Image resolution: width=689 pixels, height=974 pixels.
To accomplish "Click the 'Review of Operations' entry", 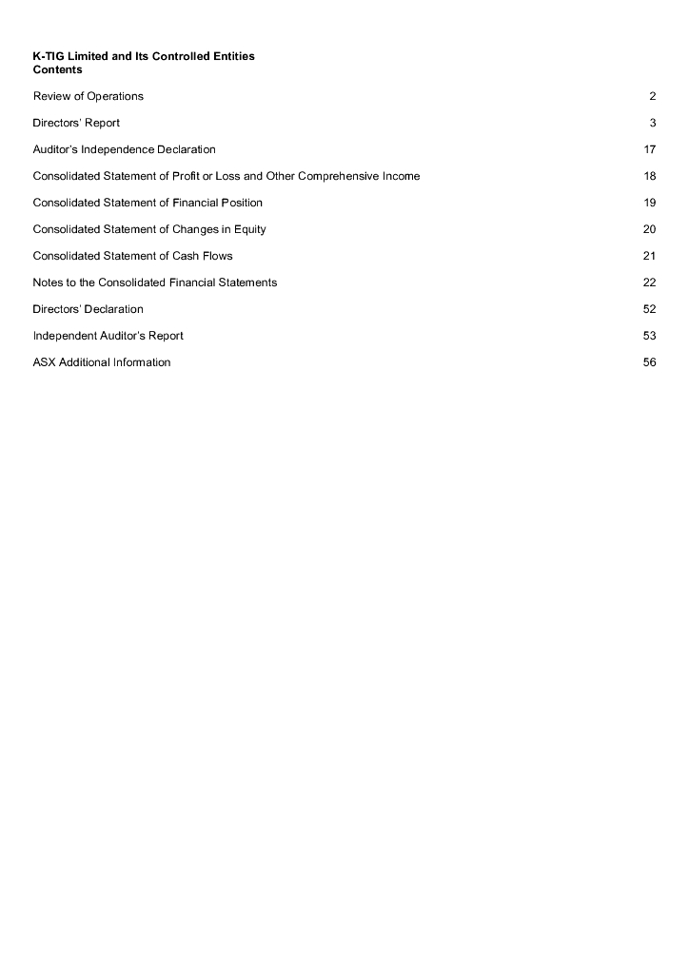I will (89, 96).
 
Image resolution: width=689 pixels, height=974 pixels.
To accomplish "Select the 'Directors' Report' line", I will (76, 123).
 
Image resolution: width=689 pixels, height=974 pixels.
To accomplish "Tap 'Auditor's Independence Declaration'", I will (124, 149).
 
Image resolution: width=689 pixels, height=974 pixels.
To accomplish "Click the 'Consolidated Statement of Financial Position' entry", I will (148, 203).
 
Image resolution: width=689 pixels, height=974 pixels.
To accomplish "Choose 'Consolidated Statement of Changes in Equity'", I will (149, 229).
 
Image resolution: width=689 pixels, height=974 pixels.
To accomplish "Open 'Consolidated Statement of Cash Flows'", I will (132, 256).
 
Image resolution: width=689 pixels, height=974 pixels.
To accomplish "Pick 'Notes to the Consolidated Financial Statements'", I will (155, 282).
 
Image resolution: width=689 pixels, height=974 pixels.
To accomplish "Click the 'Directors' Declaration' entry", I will (88, 309).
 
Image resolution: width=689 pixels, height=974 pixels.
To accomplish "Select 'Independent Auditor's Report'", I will (108, 336).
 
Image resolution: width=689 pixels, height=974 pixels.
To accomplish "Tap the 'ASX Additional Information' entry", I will (102, 362).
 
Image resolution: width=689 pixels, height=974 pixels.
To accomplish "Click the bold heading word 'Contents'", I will (57, 70).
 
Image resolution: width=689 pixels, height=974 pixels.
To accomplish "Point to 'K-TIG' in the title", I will (49, 57).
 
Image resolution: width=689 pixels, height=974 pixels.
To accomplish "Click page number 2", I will (653, 96).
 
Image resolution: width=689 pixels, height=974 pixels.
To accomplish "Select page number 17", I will (650, 149).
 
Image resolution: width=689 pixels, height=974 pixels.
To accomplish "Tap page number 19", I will (650, 203).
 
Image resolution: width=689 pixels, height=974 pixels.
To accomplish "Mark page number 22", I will (650, 282).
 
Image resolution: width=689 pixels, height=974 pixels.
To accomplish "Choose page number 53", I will (650, 336).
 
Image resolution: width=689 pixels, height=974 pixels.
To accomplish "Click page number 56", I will (650, 362).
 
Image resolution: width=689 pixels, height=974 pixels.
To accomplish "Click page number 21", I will (650, 256).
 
